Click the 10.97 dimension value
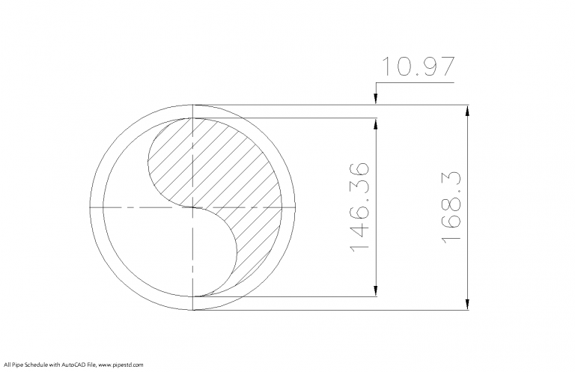pyautogui.click(x=417, y=67)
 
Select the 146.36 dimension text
pyautogui.click(x=359, y=207)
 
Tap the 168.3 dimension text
pyautogui.click(x=451, y=207)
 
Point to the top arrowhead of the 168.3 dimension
pyautogui.click(x=468, y=110)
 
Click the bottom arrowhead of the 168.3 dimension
pyautogui.click(x=468, y=304)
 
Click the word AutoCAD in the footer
pyautogui.click(x=70, y=365)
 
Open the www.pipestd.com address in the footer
pyautogui.click(x=120, y=365)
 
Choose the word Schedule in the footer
pyautogui.click(x=34, y=365)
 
